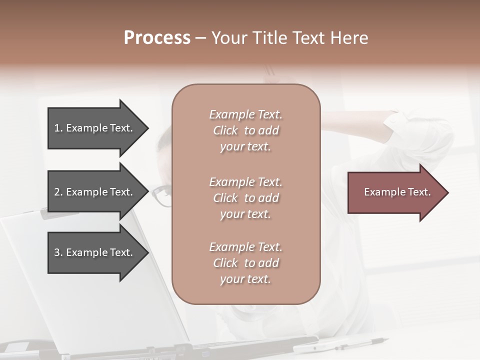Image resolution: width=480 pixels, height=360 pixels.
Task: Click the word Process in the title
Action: click(157, 38)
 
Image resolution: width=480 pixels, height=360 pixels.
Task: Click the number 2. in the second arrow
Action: click(58, 192)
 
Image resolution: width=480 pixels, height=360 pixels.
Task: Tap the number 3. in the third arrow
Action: click(58, 252)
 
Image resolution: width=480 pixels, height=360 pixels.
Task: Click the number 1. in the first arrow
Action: click(58, 128)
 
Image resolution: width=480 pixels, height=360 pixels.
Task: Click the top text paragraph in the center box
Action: click(245, 130)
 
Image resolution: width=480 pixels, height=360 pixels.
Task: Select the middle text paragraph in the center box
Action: click(245, 198)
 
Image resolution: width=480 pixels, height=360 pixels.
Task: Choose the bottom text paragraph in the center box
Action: click(245, 263)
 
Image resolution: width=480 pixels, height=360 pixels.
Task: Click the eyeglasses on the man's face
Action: click(161, 195)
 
